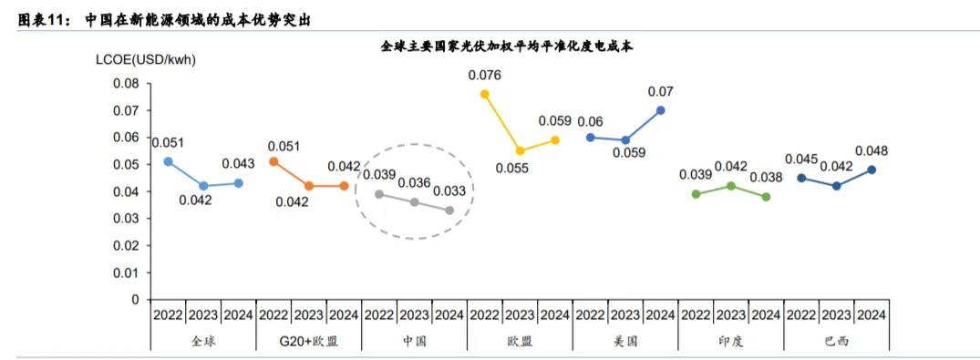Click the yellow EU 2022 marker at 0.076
click(484, 94)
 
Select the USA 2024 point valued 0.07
click(661, 110)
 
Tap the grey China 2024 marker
click(449, 210)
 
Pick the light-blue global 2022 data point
click(168, 161)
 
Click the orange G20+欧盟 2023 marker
click(308, 186)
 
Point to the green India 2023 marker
click(731, 186)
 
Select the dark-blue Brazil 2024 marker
click(872, 170)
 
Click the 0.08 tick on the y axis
click(126, 84)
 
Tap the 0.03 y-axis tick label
click(126, 219)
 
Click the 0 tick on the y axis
click(136, 300)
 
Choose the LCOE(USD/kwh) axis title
click(146, 61)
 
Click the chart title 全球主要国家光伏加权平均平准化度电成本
click(507, 46)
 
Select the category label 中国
click(415, 341)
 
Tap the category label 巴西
click(837, 341)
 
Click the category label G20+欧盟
click(309, 341)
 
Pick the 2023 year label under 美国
click(625, 315)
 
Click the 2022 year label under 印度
click(696, 315)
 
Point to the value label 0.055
click(512, 168)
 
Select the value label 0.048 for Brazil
click(872, 151)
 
